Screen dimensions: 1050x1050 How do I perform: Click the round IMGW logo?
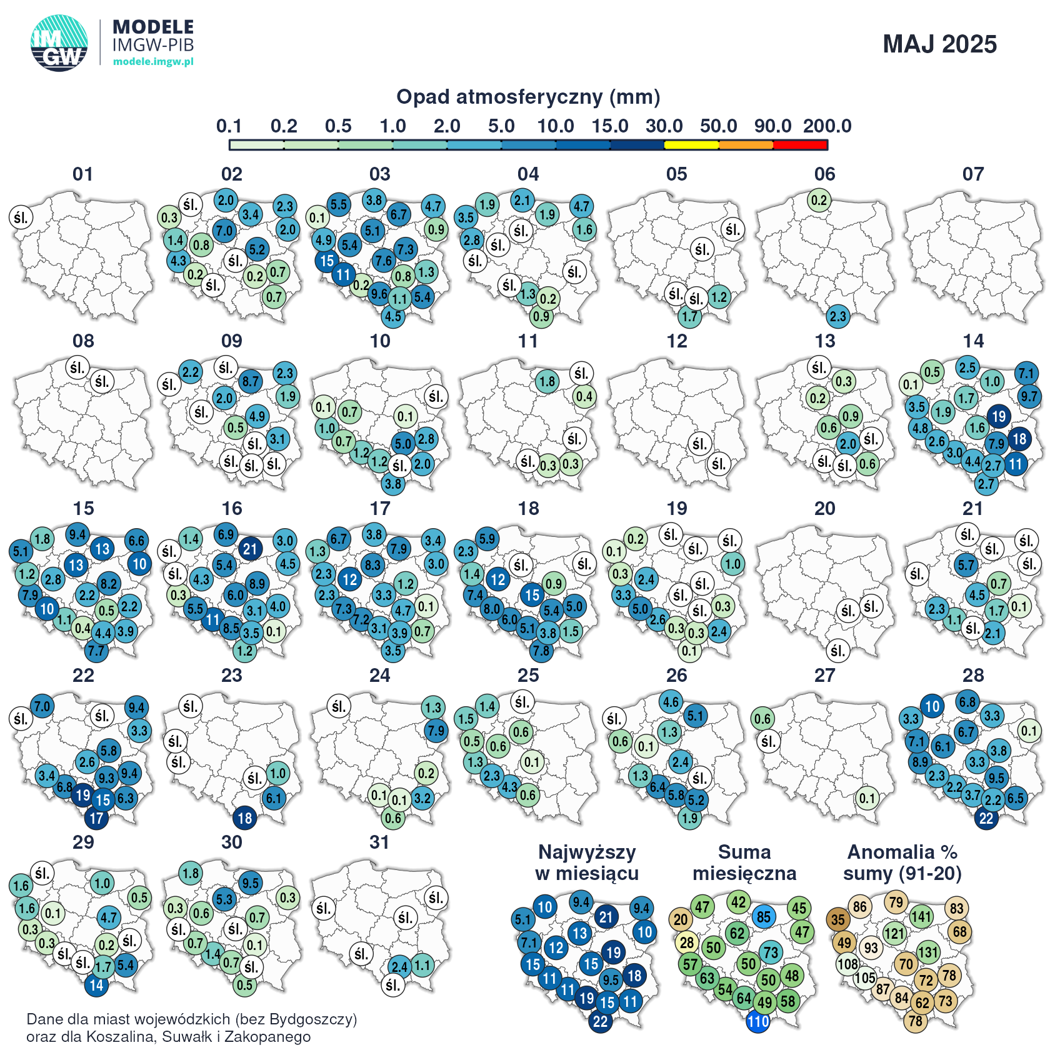point(59,43)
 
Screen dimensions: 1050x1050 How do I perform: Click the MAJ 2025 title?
point(939,44)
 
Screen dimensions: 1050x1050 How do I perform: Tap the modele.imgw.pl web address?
point(153,61)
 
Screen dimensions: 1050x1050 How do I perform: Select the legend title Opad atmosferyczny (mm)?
point(528,97)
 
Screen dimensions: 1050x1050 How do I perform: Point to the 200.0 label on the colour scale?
point(827,126)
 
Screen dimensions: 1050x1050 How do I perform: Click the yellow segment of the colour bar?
point(691,145)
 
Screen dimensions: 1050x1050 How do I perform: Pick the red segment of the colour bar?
point(800,145)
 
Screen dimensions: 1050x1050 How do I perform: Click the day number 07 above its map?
point(973,174)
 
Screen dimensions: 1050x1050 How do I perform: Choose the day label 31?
point(380,842)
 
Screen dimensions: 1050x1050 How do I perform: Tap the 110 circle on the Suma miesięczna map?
point(758,1022)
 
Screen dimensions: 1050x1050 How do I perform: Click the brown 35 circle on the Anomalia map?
point(838,919)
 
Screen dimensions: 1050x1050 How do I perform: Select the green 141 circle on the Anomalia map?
point(921,917)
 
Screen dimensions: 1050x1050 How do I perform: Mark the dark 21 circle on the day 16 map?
point(250,549)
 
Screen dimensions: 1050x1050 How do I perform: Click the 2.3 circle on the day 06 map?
point(838,316)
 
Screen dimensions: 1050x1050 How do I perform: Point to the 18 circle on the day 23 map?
point(245,817)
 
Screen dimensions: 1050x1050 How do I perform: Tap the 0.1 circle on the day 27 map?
point(867,798)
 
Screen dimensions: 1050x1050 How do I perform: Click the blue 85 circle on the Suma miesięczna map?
point(764,917)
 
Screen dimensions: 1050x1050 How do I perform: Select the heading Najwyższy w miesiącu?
point(587,862)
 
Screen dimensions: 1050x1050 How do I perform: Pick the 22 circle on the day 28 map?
point(986,818)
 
